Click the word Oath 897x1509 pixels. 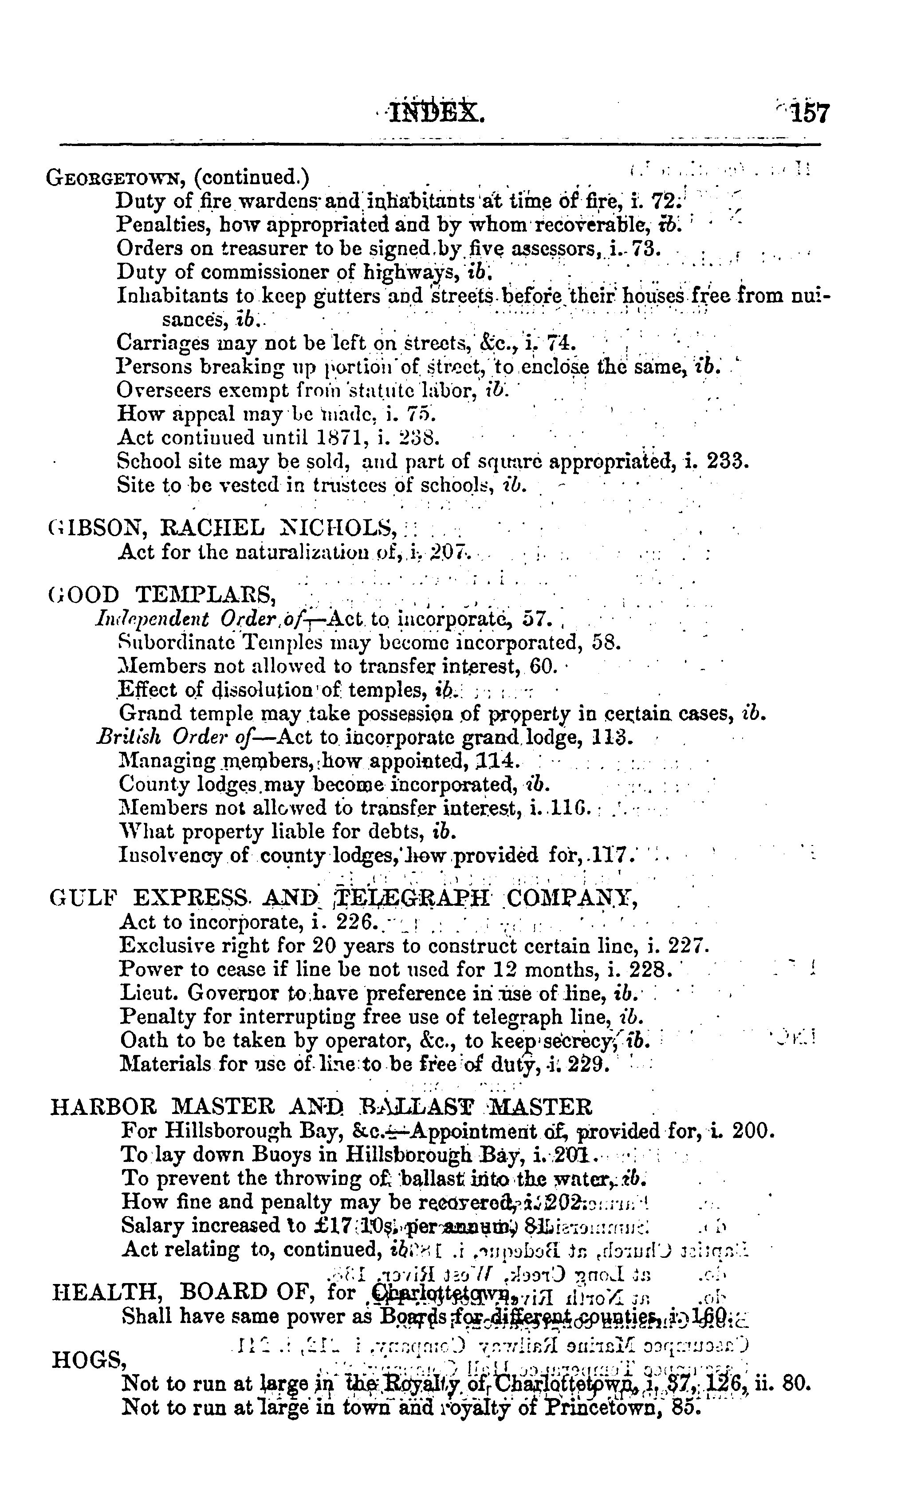click(x=140, y=1040)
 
